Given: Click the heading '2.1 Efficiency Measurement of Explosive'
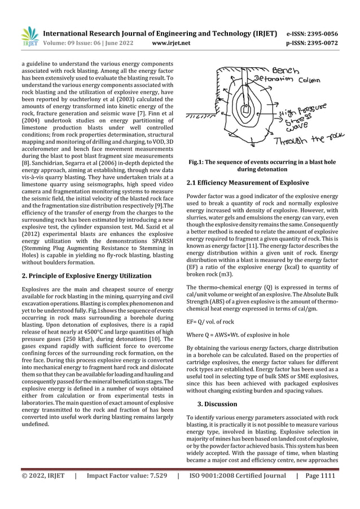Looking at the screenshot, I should click(x=247, y=183).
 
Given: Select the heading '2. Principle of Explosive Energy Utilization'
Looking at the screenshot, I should click(x=86, y=276).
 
